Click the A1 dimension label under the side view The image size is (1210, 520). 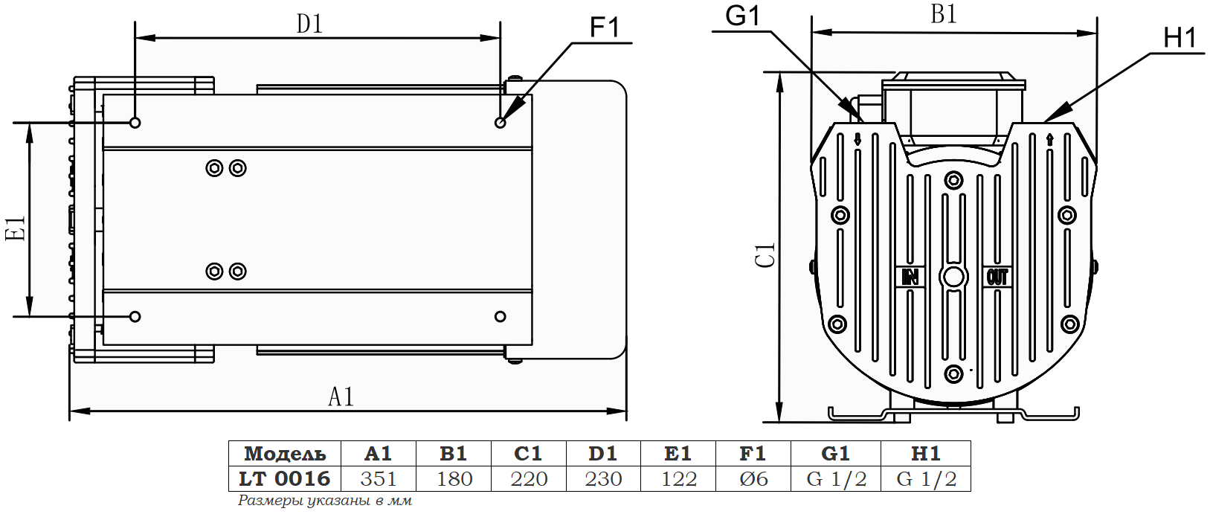[x=341, y=397]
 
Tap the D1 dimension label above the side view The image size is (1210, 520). [x=309, y=24]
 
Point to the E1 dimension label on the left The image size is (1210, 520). [x=16, y=228]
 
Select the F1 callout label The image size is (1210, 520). [x=604, y=28]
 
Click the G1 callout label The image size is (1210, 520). [x=742, y=16]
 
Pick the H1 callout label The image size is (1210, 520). [x=1180, y=37]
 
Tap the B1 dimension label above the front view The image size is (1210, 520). [x=943, y=14]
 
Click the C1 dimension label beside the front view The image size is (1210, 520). [x=765, y=254]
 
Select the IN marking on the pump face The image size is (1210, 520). [x=910, y=277]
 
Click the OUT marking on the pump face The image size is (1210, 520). [x=997, y=277]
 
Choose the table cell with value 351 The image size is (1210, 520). [x=379, y=478]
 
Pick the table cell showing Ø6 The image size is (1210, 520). [x=753, y=478]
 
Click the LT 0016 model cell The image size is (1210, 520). [x=284, y=478]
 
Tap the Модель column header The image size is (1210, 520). [x=285, y=453]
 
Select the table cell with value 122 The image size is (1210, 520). [x=678, y=478]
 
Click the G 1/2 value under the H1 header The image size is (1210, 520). [x=926, y=478]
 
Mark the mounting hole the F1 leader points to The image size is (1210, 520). [x=501, y=122]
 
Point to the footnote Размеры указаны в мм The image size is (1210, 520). [x=325, y=501]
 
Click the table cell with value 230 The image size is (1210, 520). [x=603, y=478]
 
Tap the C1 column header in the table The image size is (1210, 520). [x=528, y=453]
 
